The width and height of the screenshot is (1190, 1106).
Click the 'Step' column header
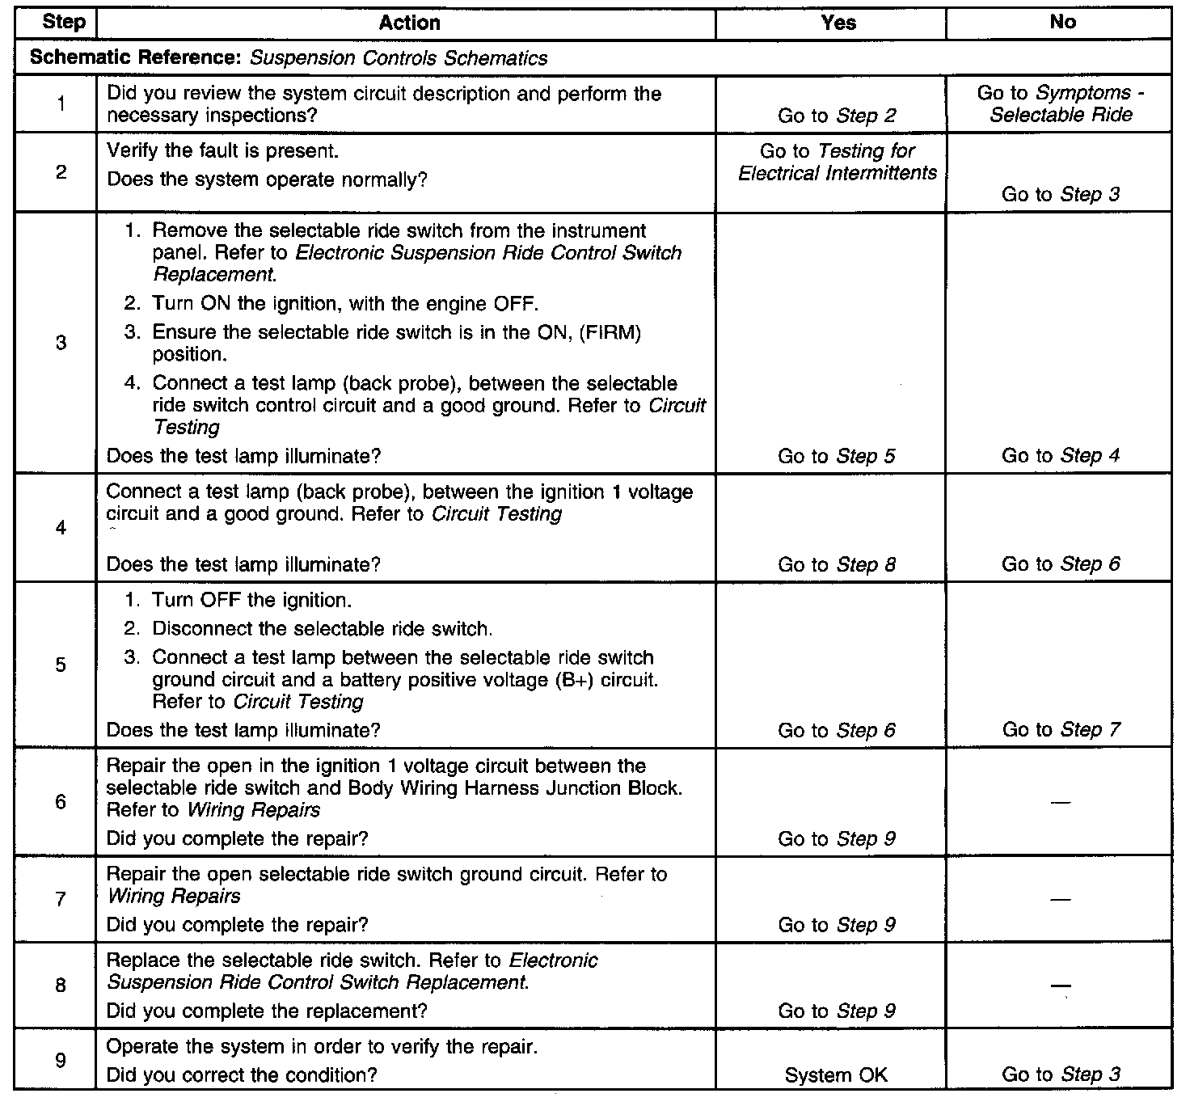pyautogui.click(x=63, y=23)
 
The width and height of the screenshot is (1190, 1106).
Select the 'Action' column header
pyautogui.click(x=409, y=23)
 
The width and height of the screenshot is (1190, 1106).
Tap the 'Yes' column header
pyautogui.click(x=838, y=23)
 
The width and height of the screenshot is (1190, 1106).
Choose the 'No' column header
pyautogui.click(x=1062, y=23)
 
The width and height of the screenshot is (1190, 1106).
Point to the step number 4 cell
pyautogui.click(x=61, y=528)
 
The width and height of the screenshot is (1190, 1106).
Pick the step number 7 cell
pyautogui.click(x=61, y=899)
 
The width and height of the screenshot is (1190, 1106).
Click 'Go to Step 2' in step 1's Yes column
pyautogui.click(x=837, y=116)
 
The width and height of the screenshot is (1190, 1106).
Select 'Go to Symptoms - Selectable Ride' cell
pyautogui.click(x=1061, y=104)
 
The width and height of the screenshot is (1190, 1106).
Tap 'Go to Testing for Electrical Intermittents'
pyautogui.click(x=837, y=162)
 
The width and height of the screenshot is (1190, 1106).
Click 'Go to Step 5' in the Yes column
pyautogui.click(x=837, y=456)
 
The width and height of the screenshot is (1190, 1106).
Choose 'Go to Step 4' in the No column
pyautogui.click(x=1061, y=456)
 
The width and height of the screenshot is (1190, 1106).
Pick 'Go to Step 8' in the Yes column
pyautogui.click(x=837, y=564)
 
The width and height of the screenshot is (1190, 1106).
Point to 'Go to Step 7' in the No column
pyautogui.click(x=1061, y=730)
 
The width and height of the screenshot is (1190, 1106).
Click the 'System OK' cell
pyautogui.click(x=836, y=1075)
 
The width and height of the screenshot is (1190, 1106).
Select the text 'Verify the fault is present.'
pyautogui.click(x=222, y=151)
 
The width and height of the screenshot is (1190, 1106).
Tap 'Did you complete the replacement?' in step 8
pyautogui.click(x=267, y=1011)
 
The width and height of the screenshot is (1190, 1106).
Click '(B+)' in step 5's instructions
pyautogui.click(x=574, y=680)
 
